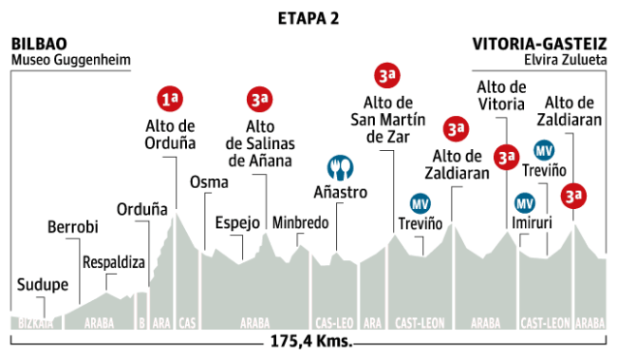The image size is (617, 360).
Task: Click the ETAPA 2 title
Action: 308,18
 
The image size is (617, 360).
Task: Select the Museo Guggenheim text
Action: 70,60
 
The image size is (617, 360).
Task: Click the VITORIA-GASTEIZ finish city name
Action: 538,44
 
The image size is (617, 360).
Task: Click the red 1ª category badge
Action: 170,99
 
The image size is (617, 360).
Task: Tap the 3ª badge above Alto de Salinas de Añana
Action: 259,99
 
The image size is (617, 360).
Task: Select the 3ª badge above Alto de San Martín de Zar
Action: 385,75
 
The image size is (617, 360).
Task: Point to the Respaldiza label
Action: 112,261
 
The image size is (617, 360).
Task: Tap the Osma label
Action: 207,182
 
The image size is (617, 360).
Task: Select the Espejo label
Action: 237,223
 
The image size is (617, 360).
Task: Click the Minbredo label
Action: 300,223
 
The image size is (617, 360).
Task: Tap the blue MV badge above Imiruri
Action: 524,203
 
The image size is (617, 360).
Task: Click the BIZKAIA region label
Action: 33,322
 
